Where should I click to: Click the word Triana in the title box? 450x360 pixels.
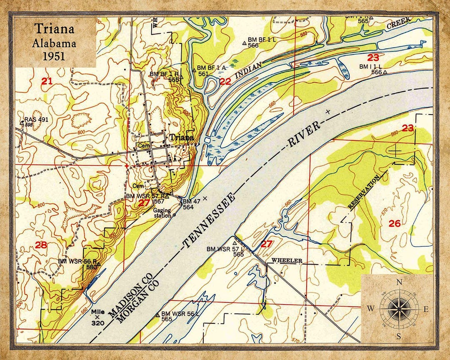click(55, 29)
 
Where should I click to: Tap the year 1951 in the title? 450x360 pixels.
click(55, 55)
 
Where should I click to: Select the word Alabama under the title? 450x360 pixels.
click(55, 42)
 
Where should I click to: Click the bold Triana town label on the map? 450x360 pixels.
click(181, 137)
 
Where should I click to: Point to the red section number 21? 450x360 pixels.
click(47, 81)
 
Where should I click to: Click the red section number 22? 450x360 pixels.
click(225, 82)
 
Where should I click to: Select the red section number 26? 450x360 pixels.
click(395, 224)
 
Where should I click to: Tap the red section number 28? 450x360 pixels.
click(41, 245)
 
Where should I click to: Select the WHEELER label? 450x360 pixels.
click(287, 261)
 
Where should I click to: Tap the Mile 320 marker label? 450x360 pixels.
click(98, 317)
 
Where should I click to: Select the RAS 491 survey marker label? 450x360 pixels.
click(37, 120)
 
